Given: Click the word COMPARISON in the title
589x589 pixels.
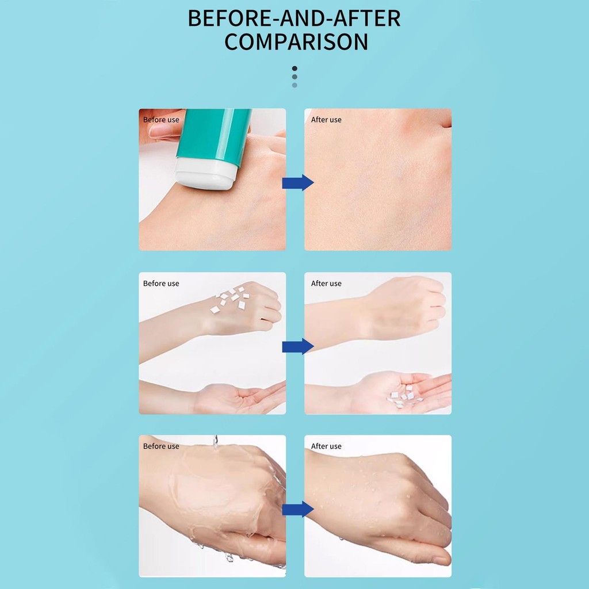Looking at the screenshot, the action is pyautogui.click(x=296, y=41).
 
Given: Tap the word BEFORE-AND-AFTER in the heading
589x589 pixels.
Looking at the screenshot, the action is pyautogui.click(x=294, y=18).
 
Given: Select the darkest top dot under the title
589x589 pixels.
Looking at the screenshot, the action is pyautogui.click(x=294, y=68).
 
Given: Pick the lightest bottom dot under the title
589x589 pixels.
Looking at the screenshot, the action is pyautogui.click(x=294, y=85).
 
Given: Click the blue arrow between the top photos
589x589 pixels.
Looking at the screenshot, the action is pyautogui.click(x=298, y=182).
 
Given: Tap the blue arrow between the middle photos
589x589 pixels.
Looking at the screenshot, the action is pyautogui.click(x=298, y=346).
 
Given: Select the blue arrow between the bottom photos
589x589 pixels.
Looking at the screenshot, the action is pyautogui.click(x=298, y=509).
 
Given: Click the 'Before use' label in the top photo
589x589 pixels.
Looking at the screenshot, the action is pyautogui.click(x=161, y=120).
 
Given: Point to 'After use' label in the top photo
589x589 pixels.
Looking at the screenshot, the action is pyautogui.click(x=326, y=120).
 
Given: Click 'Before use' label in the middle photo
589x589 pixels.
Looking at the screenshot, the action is pyautogui.click(x=161, y=284).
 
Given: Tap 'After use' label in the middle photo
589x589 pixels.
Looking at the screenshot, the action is pyautogui.click(x=326, y=284).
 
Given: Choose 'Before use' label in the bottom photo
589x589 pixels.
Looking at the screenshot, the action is pyautogui.click(x=161, y=446).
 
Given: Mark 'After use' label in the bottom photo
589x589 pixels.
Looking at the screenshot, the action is pyautogui.click(x=326, y=446).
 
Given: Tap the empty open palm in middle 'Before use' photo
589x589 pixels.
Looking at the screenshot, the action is pyautogui.click(x=240, y=399).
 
